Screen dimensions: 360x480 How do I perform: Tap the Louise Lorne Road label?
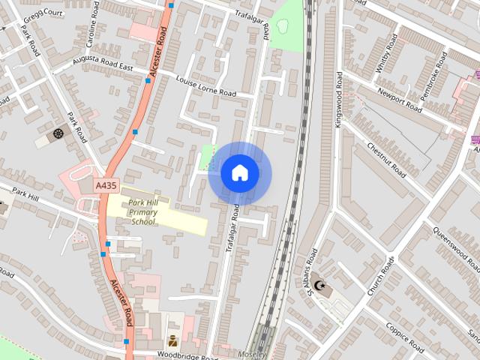[x=205, y=87]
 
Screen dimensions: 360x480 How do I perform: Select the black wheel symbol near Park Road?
[x=58, y=133]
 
